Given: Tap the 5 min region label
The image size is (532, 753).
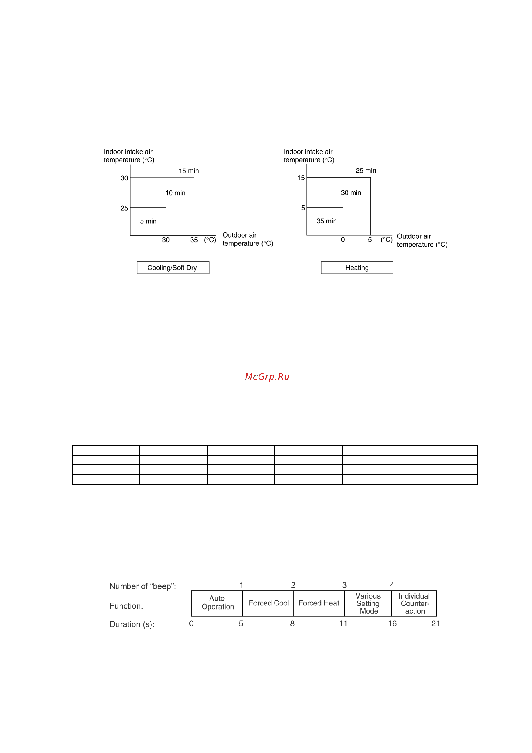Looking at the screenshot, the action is click(148, 221).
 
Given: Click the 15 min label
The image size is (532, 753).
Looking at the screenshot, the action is click(189, 171).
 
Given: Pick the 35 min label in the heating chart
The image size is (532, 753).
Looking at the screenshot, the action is click(326, 221).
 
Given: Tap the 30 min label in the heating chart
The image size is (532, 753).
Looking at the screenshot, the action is click(351, 193).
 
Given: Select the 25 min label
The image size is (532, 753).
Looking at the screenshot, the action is click(366, 171).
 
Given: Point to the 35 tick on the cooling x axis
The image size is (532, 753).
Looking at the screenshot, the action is click(194, 240).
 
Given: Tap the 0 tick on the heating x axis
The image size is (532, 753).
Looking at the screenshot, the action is click(343, 240).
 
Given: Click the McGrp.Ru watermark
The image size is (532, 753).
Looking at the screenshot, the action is click(267, 377).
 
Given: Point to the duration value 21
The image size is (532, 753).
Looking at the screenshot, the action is click(436, 624).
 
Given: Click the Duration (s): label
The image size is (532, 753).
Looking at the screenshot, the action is click(132, 624).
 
